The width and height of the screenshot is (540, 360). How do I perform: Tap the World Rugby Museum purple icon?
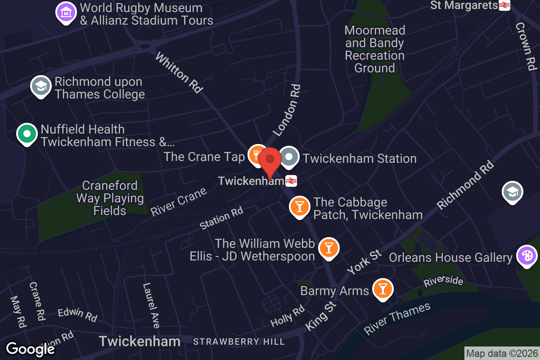(x=66, y=12)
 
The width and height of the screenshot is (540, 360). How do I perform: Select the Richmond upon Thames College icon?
(x=41, y=86)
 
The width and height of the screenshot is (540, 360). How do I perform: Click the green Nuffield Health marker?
(x=27, y=134)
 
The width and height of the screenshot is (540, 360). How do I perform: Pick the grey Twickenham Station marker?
(x=289, y=157)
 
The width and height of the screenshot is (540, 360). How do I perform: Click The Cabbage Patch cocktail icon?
(x=299, y=207)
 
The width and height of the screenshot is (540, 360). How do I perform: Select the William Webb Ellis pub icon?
(x=328, y=248)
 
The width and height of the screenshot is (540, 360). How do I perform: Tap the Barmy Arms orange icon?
(x=383, y=289)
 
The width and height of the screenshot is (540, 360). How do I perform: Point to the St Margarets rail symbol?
(x=504, y=5)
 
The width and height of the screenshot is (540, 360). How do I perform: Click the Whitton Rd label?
(x=179, y=73)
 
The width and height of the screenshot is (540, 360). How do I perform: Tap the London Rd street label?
(x=287, y=110)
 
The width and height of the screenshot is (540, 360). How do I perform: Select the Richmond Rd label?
(x=465, y=184)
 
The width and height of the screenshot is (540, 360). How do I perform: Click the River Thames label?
(x=397, y=319)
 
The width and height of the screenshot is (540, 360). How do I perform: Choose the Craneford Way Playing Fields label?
(x=110, y=198)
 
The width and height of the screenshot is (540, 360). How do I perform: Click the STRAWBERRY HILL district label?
(x=239, y=342)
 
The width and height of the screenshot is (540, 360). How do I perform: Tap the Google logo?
(x=30, y=349)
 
